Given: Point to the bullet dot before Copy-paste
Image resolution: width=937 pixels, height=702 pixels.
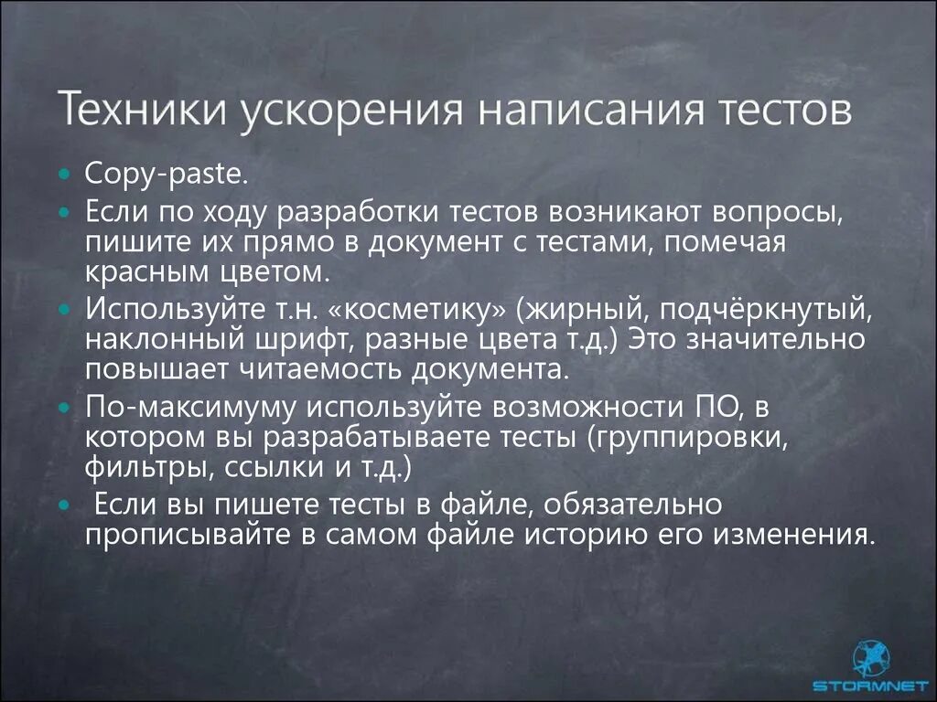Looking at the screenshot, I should pyautogui.click(x=63, y=174).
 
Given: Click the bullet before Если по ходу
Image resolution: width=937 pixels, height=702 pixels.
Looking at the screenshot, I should pyautogui.click(x=63, y=212).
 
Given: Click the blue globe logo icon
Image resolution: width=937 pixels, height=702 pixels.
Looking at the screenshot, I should pyautogui.click(x=870, y=656).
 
